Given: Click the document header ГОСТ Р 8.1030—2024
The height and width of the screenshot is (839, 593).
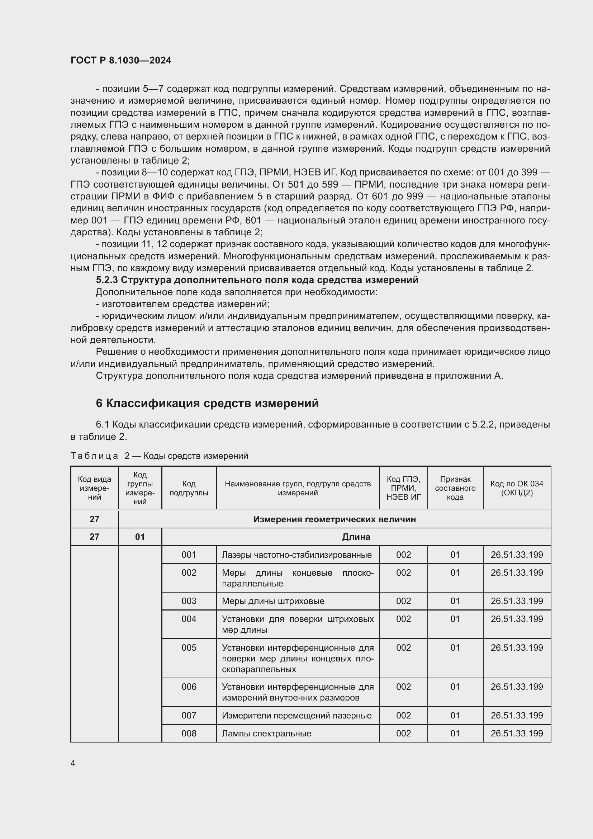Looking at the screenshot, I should point(121,60).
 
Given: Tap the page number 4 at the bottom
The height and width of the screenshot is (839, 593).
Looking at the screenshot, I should point(73,763).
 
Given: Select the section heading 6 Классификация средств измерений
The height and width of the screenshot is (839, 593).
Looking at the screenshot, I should point(207,403).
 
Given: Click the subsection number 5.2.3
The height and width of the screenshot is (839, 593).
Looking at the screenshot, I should point(106,280).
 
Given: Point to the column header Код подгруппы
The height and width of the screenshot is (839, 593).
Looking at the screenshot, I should point(189,488).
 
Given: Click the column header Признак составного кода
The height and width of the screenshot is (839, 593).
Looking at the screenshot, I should point(455,488).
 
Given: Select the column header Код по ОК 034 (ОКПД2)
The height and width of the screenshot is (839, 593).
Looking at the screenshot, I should point(517,488).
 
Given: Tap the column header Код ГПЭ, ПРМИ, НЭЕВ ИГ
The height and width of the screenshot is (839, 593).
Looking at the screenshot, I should point(403,488).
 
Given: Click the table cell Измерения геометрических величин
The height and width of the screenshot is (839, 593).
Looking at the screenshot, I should point(335,519).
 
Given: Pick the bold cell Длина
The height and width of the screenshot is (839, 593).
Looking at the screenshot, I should point(356,537).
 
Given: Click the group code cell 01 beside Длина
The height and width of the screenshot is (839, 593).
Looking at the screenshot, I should point(140,537).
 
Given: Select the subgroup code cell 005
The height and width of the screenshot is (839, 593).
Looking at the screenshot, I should point(189,648).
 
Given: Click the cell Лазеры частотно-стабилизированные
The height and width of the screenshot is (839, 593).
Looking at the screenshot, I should point(296,555).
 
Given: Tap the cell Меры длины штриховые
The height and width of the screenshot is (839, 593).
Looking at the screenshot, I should point(273,601).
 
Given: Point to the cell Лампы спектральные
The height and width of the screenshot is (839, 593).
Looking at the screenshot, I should point(266,734).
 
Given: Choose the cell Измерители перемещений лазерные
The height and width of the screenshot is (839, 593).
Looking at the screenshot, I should point(296,716).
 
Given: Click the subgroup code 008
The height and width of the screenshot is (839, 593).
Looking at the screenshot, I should point(189,734).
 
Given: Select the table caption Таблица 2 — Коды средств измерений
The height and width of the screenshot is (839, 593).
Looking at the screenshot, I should point(159,456).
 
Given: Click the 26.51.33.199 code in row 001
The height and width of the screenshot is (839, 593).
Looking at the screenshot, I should point(517,555).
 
